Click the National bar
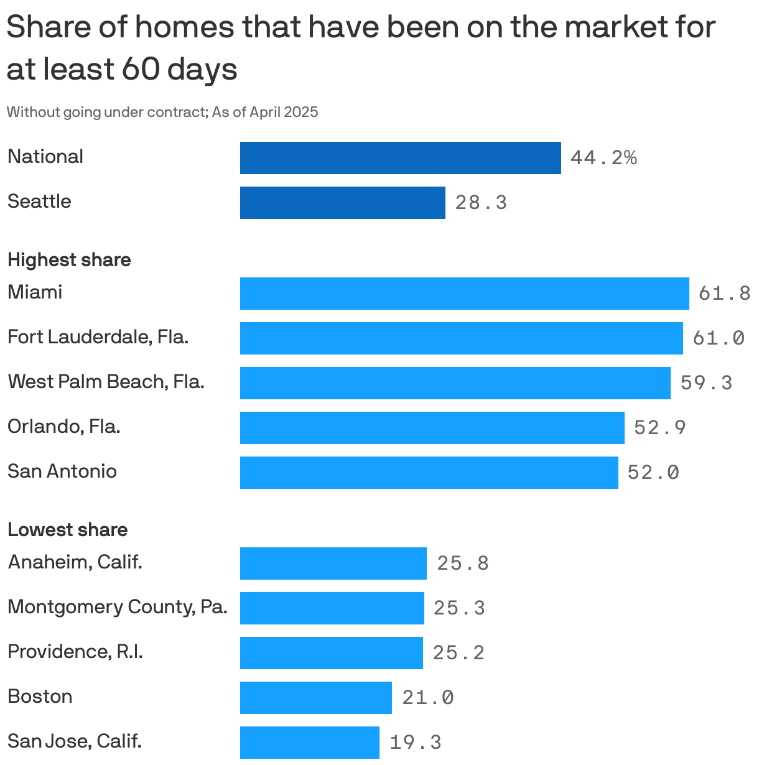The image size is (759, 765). [x=400, y=158]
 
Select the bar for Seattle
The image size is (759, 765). [x=342, y=203]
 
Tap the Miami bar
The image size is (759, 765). [x=464, y=294]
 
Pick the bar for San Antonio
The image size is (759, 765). [x=429, y=473]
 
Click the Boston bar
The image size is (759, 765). [x=315, y=698]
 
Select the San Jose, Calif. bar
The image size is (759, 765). [x=309, y=743]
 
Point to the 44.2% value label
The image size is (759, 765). [x=603, y=158]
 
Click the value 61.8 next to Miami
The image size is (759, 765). [x=724, y=293]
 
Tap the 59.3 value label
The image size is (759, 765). [x=706, y=382]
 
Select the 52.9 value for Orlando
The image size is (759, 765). [x=659, y=427]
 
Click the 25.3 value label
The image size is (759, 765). [x=459, y=608]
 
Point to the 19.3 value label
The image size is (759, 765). [x=415, y=742]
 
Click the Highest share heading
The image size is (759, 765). [x=69, y=260]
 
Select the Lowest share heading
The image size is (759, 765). [x=67, y=530]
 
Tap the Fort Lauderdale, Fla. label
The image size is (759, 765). [x=98, y=337]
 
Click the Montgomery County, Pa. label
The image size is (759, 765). [x=117, y=606]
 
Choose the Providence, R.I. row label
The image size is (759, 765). [x=75, y=652]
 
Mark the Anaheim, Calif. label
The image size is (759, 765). [x=75, y=562]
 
